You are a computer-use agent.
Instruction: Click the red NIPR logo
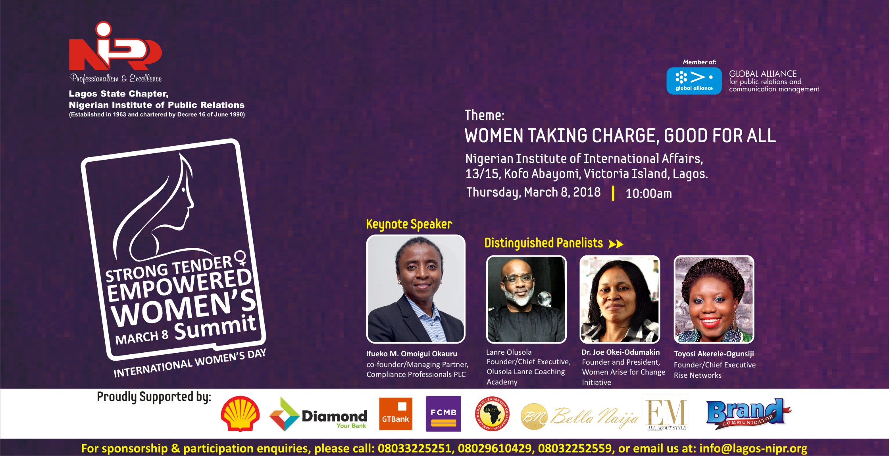pyautogui.click(x=115, y=47)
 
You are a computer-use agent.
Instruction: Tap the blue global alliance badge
pyautogui.click(x=694, y=81)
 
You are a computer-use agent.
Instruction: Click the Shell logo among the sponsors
pyautogui.click(x=240, y=414)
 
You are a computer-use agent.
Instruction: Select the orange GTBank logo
pyautogui.click(x=395, y=414)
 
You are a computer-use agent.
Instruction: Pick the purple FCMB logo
pyautogui.click(x=443, y=413)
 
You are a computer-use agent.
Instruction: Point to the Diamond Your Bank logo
pyautogui.click(x=318, y=414)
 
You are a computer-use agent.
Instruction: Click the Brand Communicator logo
pyautogui.click(x=748, y=414)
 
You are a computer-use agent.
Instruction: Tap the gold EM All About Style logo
pyautogui.click(x=667, y=415)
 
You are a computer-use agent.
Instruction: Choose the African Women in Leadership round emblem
pyautogui.click(x=492, y=414)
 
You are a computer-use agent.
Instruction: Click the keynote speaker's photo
pyautogui.click(x=416, y=289)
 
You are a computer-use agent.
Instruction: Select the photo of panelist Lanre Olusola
pyautogui.click(x=526, y=299)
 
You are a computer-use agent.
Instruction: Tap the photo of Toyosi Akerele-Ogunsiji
pyautogui.click(x=714, y=299)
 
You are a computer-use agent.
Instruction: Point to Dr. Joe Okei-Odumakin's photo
pyautogui.click(x=620, y=299)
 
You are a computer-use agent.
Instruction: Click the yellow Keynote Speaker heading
pyautogui.click(x=409, y=224)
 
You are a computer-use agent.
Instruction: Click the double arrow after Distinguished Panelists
pyautogui.click(x=616, y=244)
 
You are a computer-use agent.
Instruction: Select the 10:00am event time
pyautogui.click(x=648, y=193)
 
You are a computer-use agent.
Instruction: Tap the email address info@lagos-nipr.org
pyautogui.click(x=753, y=448)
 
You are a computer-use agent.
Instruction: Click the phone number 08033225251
pyautogui.click(x=414, y=448)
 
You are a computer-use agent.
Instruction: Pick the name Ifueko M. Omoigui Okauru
pyautogui.click(x=412, y=354)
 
